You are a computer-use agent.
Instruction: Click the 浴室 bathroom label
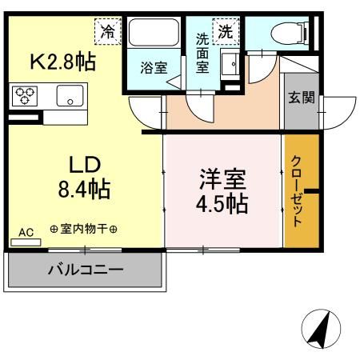(154, 67)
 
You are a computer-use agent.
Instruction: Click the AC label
(26, 232)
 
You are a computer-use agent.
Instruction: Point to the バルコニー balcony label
(86, 269)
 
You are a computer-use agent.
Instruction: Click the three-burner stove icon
(24, 97)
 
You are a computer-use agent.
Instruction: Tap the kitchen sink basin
(71, 98)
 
